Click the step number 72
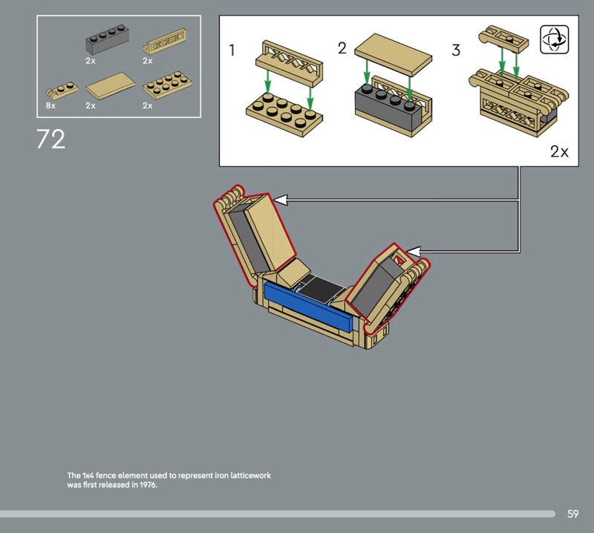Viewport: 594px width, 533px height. pos(50,139)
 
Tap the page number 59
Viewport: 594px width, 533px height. pos(572,514)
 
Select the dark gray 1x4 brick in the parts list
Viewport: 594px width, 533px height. pos(108,39)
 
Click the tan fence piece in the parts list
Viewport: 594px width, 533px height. pos(165,41)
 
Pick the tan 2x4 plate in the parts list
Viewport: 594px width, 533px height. pos(167,85)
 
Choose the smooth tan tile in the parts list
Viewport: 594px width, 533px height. pos(110,86)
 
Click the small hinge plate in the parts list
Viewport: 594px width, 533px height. pos(62,91)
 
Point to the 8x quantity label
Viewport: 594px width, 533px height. pos(50,105)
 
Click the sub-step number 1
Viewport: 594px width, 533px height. pos(232,50)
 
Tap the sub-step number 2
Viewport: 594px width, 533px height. pos(342,48)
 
